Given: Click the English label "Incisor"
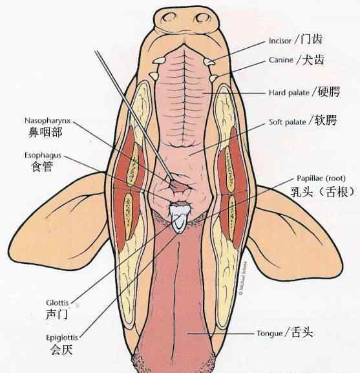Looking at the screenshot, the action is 280,41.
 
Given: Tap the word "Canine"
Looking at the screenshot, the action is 281,59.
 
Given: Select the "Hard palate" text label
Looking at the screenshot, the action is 289,92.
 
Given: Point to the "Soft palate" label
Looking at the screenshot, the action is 287,122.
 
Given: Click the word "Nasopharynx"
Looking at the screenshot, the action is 48,121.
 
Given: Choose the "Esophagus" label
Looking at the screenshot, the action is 43,156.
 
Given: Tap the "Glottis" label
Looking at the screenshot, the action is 58,303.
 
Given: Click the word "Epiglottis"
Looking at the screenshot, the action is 62,337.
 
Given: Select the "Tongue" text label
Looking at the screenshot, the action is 270,334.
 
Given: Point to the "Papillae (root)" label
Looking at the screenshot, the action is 321,178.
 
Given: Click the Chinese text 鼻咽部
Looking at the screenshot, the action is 45,133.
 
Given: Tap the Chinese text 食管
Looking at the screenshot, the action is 42,166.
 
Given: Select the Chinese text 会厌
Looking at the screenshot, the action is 61,350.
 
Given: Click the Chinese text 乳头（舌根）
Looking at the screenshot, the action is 323,191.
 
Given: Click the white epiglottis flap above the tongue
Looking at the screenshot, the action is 180,218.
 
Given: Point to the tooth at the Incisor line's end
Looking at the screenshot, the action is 209,62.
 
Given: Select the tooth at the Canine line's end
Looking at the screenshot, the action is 213,78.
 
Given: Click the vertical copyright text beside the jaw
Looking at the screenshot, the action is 243,279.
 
